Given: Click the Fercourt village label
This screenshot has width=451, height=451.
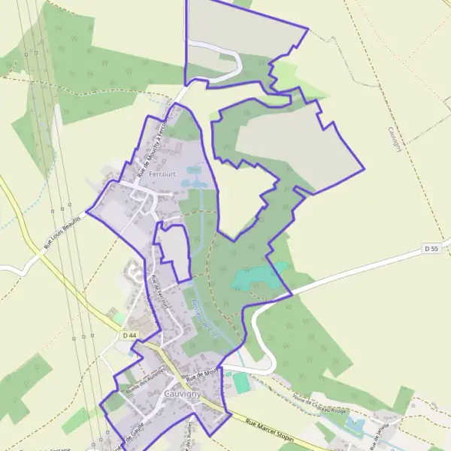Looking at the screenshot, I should [x=162, y=174].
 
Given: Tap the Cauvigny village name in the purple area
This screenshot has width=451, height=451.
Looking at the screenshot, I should [x=181, y=394].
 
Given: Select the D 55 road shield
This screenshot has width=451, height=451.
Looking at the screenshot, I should [x=431, y=248].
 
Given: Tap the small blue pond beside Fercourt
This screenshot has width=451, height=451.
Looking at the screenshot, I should [x=194, y=182].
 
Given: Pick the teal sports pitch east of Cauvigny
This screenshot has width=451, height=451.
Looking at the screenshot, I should [x=241, y=383].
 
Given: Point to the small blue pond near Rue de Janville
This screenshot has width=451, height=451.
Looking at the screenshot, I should [x=353, y=426].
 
